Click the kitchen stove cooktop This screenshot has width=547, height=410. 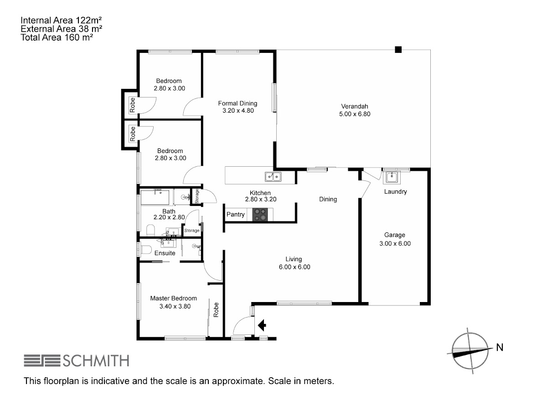[x=260, y=215]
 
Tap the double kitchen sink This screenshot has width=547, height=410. [x=273, y=177]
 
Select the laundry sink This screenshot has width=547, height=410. [x=392, y=177]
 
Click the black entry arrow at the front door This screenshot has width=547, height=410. [x=262, y=325]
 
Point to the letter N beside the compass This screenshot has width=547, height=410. [x=500, y=347]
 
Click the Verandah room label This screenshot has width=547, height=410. [x=354, y=107]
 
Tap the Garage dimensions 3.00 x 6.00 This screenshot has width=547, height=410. [x=395, y=243]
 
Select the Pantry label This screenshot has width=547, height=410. [x=235, y=215]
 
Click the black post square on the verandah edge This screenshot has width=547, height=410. [x=398, y=50]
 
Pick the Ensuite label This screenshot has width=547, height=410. [x=165, y=253]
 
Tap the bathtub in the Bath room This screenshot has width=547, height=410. [x=155, y=197]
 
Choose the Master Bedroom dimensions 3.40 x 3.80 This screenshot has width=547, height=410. [x=175, y=306]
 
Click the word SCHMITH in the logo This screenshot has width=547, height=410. [x=96, y=361]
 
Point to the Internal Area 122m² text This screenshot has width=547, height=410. [x=61, y=20]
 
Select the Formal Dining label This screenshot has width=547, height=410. [x=237, y=103]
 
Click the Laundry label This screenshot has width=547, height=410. [x=395, y=192]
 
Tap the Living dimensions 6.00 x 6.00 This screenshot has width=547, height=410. [x=294, y=267]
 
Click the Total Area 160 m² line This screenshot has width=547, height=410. [x=57, y=37]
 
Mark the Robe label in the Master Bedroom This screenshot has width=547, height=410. [x=216, y=310]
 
